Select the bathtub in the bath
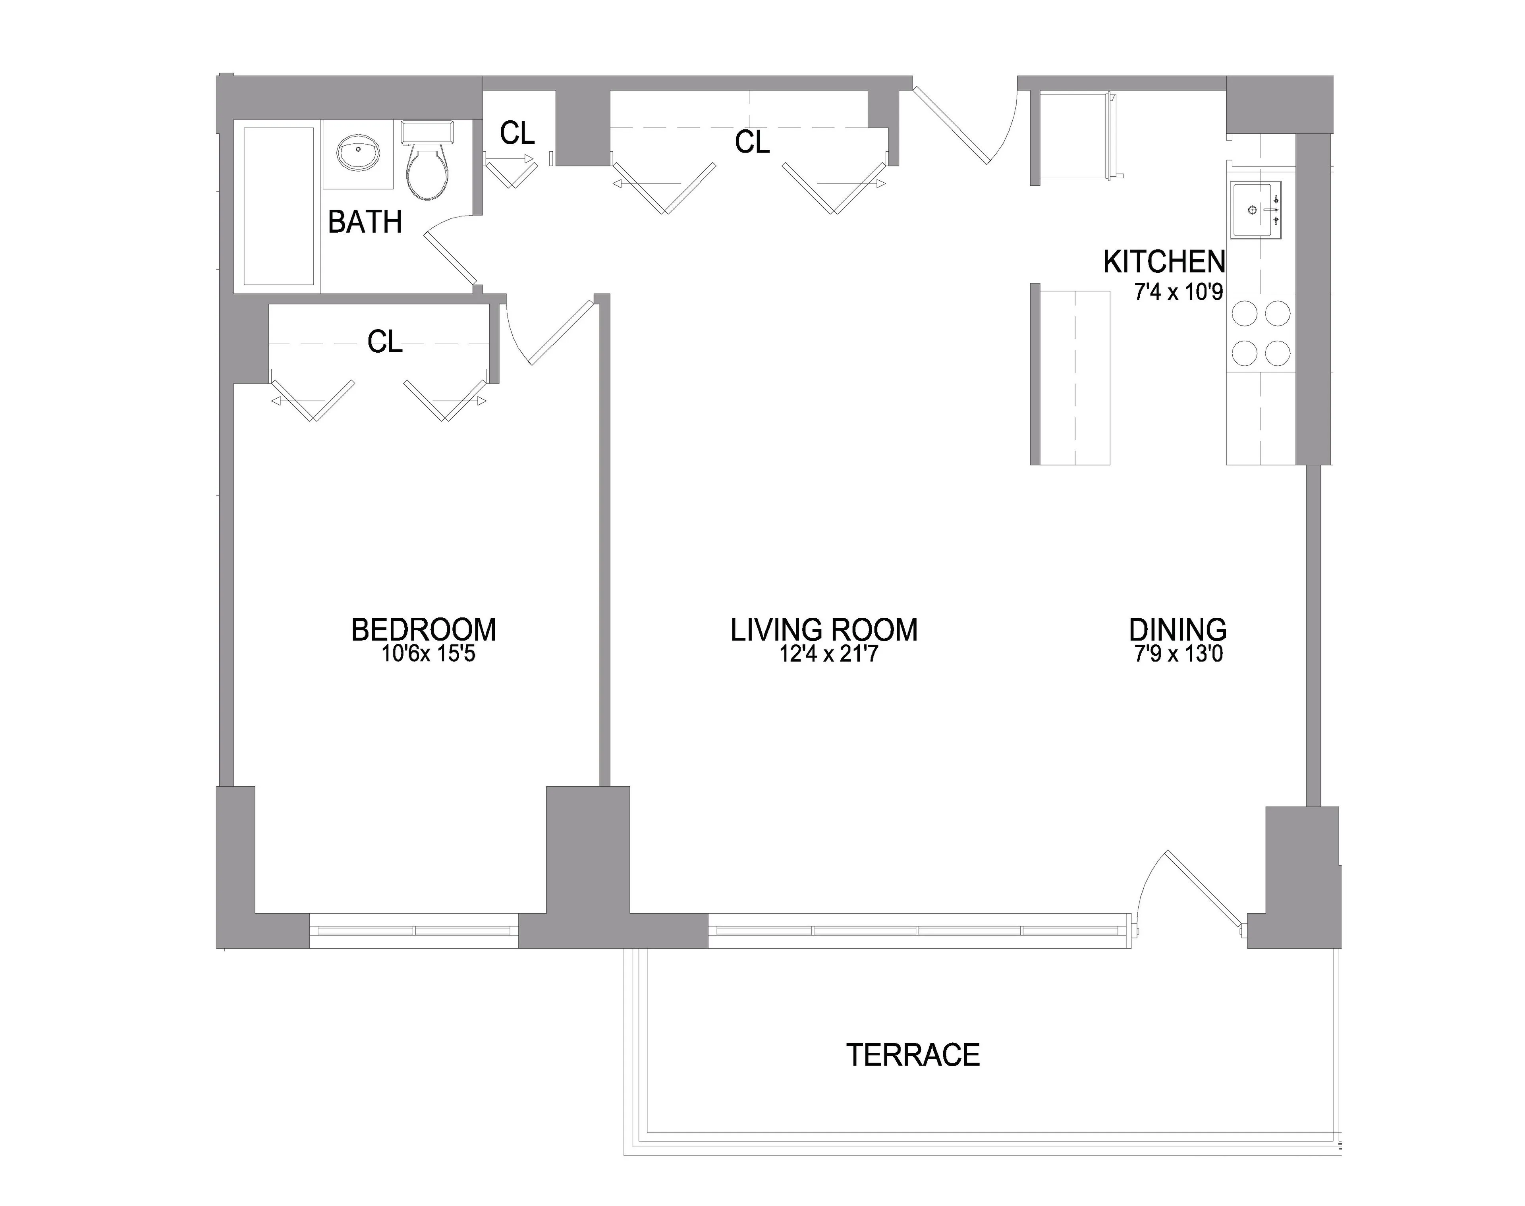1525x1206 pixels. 279,206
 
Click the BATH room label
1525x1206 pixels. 365,222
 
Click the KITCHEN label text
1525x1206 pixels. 1164,262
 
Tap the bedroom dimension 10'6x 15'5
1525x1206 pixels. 428,654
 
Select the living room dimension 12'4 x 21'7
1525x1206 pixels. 828,654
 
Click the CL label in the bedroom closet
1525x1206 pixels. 385,342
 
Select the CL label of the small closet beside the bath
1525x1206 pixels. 517,133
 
